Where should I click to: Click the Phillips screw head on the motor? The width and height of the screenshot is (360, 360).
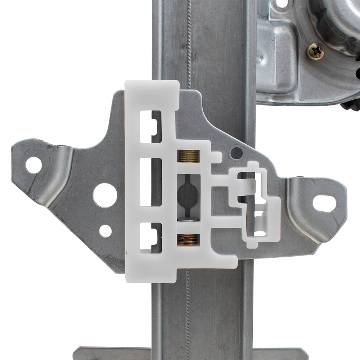[315, 51]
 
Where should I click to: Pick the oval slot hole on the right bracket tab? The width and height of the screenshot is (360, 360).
[324, 203]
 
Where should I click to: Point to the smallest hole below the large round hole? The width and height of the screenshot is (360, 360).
[105, 231]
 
